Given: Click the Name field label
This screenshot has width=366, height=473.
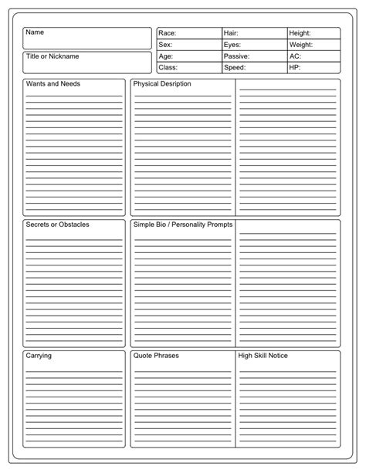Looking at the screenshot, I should [x=35, y=33].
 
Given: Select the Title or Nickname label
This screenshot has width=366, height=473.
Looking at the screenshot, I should [x=53, y=56].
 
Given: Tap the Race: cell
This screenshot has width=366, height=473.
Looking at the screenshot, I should [x=188, y=33].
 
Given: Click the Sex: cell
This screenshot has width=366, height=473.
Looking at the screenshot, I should [x=188, y=45].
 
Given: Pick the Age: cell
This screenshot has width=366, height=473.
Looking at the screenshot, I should [x=188, y=56].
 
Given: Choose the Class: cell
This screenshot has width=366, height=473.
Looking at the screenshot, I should [x=188, y=68].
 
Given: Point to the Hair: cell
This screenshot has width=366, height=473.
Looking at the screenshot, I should [x=254, y=33].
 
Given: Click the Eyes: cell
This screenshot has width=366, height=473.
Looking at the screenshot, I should [x=254, y=45].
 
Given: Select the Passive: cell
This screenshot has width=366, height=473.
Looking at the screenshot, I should [x=254, y=56].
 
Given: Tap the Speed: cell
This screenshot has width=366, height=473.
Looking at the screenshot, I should [x=254, y=68].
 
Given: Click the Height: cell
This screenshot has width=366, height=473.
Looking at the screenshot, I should [x=313, y=33].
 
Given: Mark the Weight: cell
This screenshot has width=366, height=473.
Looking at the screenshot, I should [x=313, y=45].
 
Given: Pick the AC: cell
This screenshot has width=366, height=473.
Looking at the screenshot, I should [x=313, y=56].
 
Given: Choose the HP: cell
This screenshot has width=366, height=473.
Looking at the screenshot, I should [x=313, y=68].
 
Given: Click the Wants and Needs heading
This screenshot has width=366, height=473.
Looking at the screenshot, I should [x=53, y=83].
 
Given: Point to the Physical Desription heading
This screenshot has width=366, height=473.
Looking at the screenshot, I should [x=162, y=83].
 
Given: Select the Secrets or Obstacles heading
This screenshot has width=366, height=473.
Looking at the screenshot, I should [x=57, y=225].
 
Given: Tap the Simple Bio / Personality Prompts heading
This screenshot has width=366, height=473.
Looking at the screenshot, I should [x=182, y=225].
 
